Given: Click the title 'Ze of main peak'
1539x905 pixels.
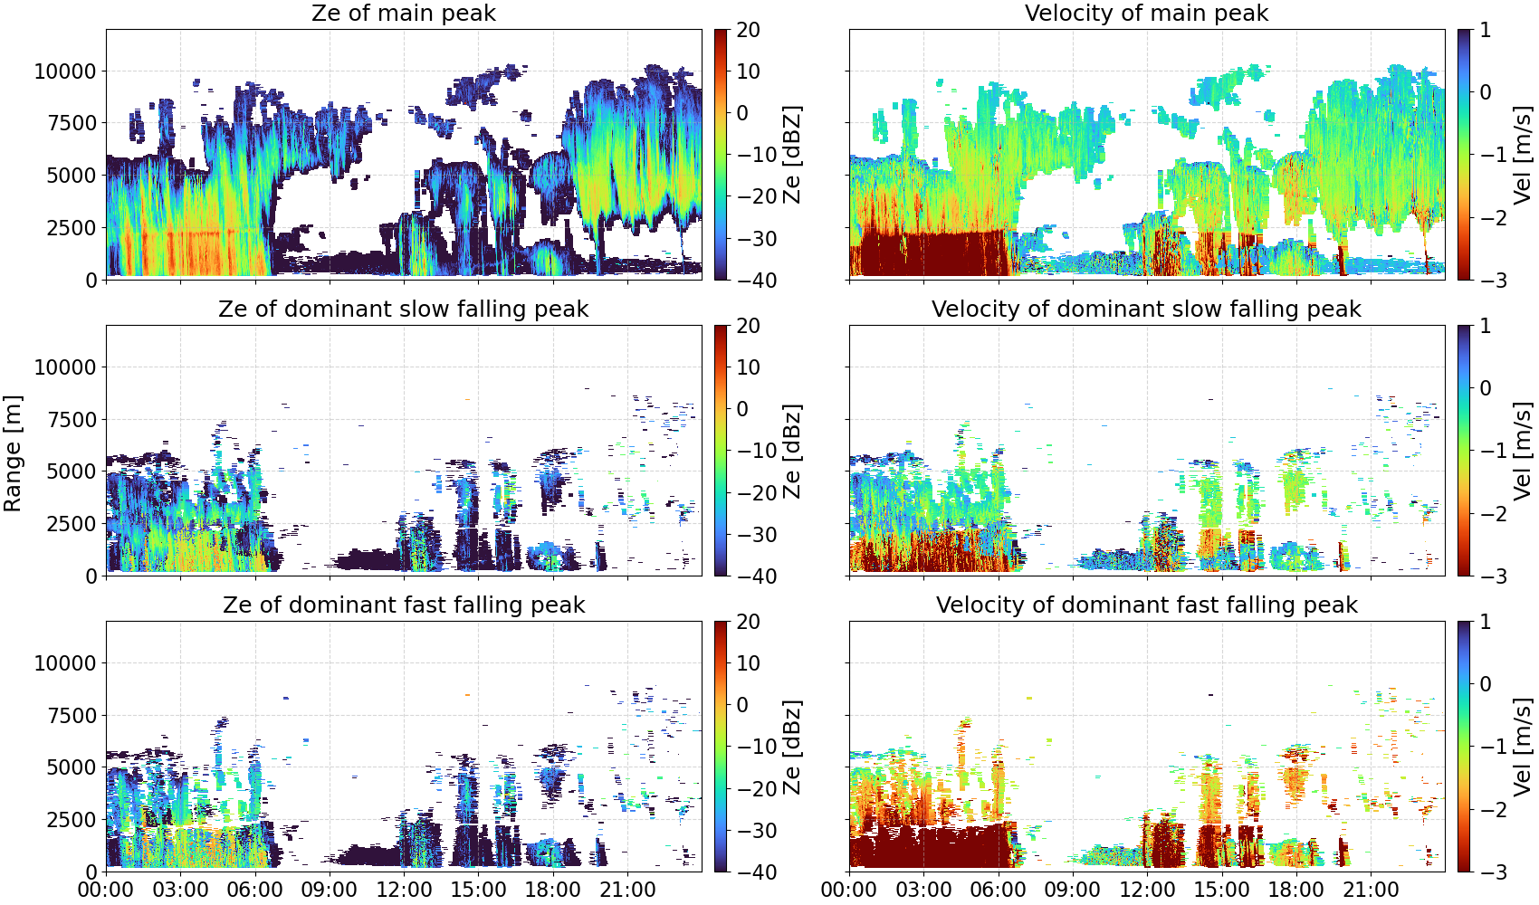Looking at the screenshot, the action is click(x=403, y=13).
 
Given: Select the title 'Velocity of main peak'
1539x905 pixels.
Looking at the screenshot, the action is click(x=1147, y=13).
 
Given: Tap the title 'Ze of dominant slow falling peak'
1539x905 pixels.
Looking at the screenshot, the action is click(x=403, y=309).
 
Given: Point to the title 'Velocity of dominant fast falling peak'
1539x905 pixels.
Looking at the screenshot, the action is click(x=1147, y=605).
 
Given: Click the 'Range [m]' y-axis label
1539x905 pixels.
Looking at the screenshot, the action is click(x=13, y=453).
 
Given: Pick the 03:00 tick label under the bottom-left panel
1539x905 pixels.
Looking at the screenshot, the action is click(x=180, y=890).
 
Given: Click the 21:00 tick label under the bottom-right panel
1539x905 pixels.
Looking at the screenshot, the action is click(x=1371, y=890).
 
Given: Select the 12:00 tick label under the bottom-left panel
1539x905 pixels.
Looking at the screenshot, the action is click(x=404, y=890).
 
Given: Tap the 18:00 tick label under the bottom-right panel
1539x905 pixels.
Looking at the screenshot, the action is click(x=1296, y=890).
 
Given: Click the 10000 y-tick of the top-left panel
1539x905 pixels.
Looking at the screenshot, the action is click(x=65, y=71).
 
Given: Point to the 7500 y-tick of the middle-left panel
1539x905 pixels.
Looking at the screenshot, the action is click(x=72, y=420).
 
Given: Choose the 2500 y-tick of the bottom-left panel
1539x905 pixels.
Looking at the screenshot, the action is click(x=72, y=820).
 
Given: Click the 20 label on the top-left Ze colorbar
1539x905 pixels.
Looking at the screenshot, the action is click(x=748, y=30).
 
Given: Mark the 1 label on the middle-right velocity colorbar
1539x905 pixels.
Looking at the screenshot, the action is click(x=1485, y=326).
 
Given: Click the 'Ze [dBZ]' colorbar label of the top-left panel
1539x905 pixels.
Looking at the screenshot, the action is click(x=792, y=155).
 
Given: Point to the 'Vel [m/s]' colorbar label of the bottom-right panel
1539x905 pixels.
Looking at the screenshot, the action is click(x=1524, y=747).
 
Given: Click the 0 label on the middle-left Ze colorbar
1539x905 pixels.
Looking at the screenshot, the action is click(x=742, y=409).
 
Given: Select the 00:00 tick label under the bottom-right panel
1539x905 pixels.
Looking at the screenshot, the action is click(x=849, y=890).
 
